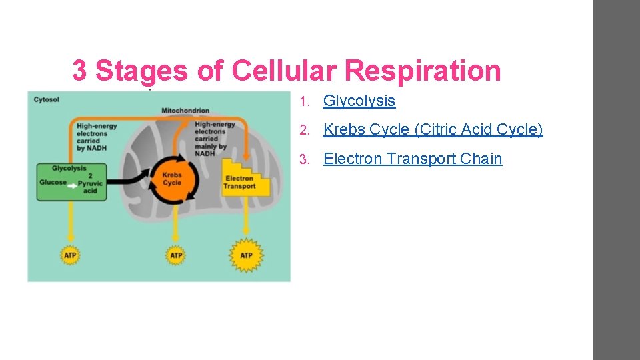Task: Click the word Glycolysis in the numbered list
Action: click(x=359, y=101)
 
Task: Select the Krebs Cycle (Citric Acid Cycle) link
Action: click(x=433, y=129)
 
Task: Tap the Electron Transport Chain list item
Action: click(x=412, y=159)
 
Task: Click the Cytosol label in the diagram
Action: click(x=46, y=100)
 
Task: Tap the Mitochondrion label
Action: click(x=185, y=111)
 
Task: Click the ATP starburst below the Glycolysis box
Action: click(x=70, y=255)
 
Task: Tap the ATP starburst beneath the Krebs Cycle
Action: click(x=175, y=255)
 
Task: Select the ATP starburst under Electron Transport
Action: click(x=246, y=255)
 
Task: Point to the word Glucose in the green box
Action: click(x=53, y=182)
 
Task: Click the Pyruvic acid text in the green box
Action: click(x=88, y=187)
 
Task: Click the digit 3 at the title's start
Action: click(x=79, y=71)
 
